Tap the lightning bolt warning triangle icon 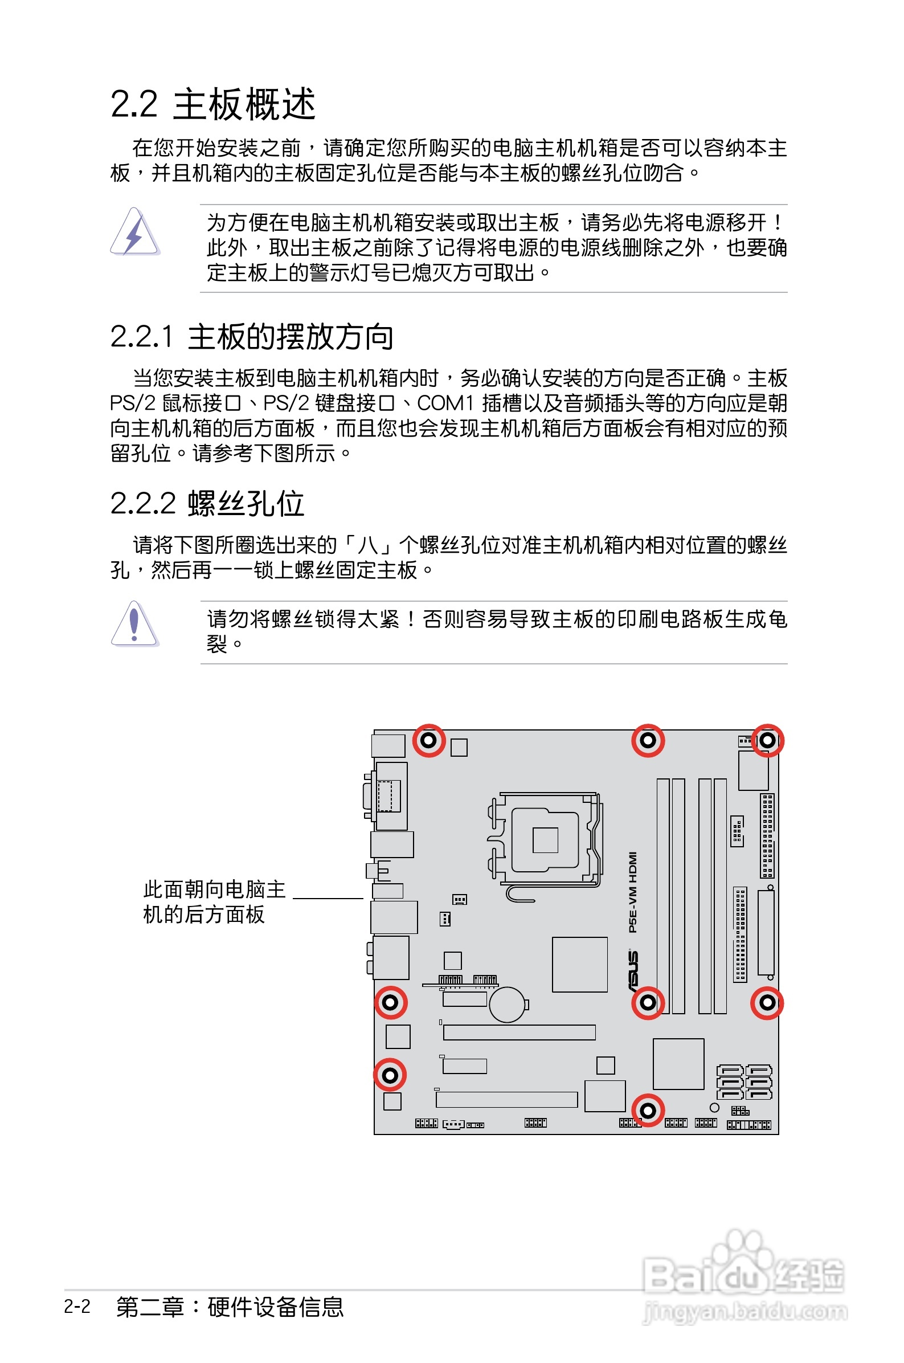134,232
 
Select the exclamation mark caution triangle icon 134,624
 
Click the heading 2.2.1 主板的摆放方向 252,337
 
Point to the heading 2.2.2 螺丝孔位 207,503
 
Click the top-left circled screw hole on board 428,740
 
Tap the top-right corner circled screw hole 767,740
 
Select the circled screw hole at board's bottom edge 648,1110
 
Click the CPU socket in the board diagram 545,839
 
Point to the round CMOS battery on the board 508,1005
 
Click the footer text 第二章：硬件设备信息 230,1307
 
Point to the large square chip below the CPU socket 579,965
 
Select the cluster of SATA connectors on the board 744,1082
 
